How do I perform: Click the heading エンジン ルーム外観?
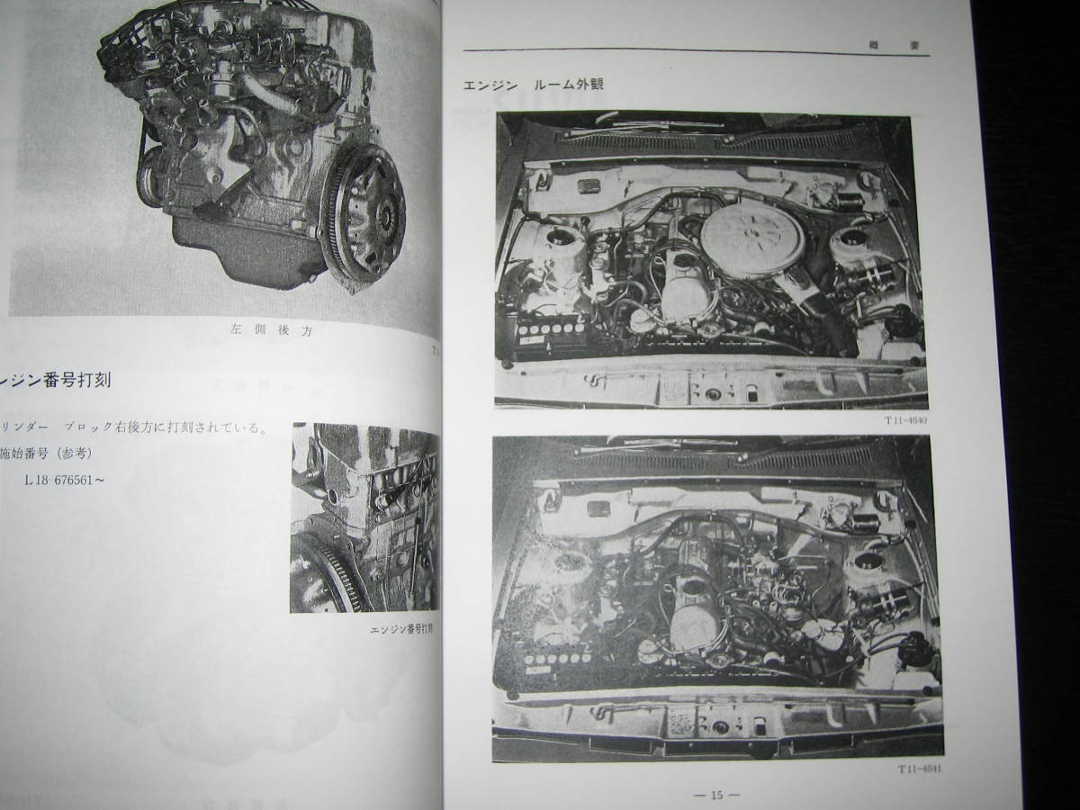point(533,85)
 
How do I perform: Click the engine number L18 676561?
point(65,481)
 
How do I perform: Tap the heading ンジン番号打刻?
point(56,380)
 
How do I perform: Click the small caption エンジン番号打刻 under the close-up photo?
point(402,630)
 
